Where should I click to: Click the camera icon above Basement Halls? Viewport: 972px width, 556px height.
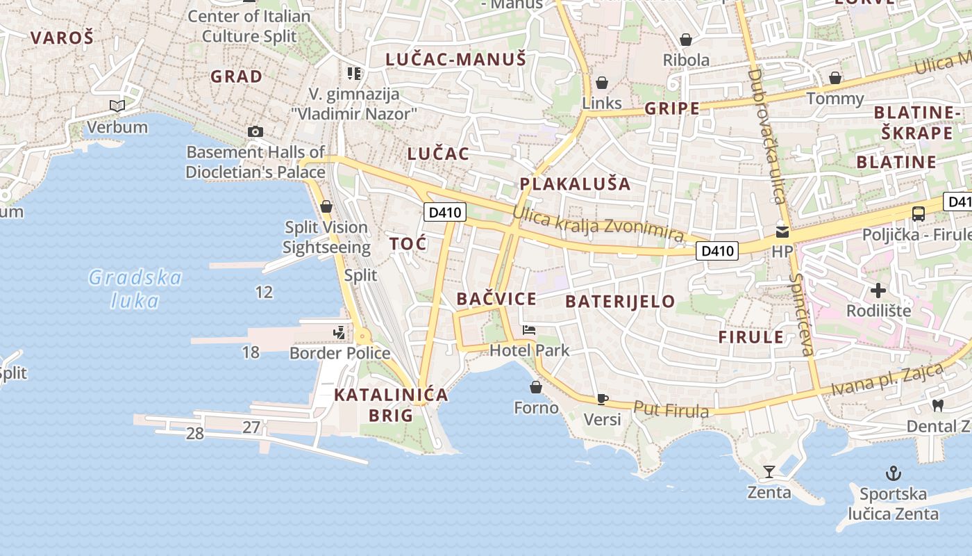point(255,131)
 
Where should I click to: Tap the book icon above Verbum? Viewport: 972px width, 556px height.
point(117,106)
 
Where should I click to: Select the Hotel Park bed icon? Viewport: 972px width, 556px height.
point(529,330)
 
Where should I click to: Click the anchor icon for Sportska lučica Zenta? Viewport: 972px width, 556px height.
point(894,474)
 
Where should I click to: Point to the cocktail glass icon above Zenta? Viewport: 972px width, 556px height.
point(769,472)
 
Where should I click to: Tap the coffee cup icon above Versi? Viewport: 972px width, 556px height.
point(602,399)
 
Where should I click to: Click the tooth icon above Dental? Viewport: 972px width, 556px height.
point(938,404)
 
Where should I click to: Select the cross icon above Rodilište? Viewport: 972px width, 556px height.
point(878,290)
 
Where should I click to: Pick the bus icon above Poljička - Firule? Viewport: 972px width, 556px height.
point(919,214)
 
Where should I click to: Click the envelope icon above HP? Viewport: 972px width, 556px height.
point(782,232)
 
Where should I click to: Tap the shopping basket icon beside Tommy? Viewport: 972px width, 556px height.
point(835,78)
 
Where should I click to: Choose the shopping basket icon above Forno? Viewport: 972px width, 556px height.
point(536,387)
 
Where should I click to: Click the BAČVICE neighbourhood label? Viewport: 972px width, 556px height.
point(496,299)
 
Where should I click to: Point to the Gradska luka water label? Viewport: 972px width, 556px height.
point(135,289)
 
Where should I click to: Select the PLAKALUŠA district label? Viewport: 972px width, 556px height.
point(575,184)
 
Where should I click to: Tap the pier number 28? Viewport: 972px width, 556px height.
point(195,434)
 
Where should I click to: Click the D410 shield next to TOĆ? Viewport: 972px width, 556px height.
point(445,212)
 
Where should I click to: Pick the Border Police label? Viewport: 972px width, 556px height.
point(340,353)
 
